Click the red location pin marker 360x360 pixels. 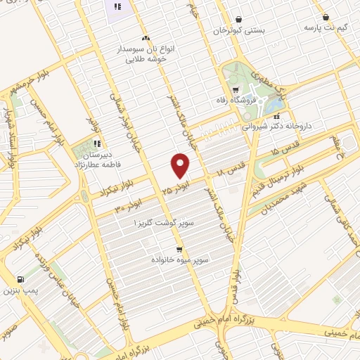click(x=181, y=166)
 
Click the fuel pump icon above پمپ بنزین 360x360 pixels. click(x=19, y=278)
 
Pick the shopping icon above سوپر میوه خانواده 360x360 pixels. click(x=179, y=249)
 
